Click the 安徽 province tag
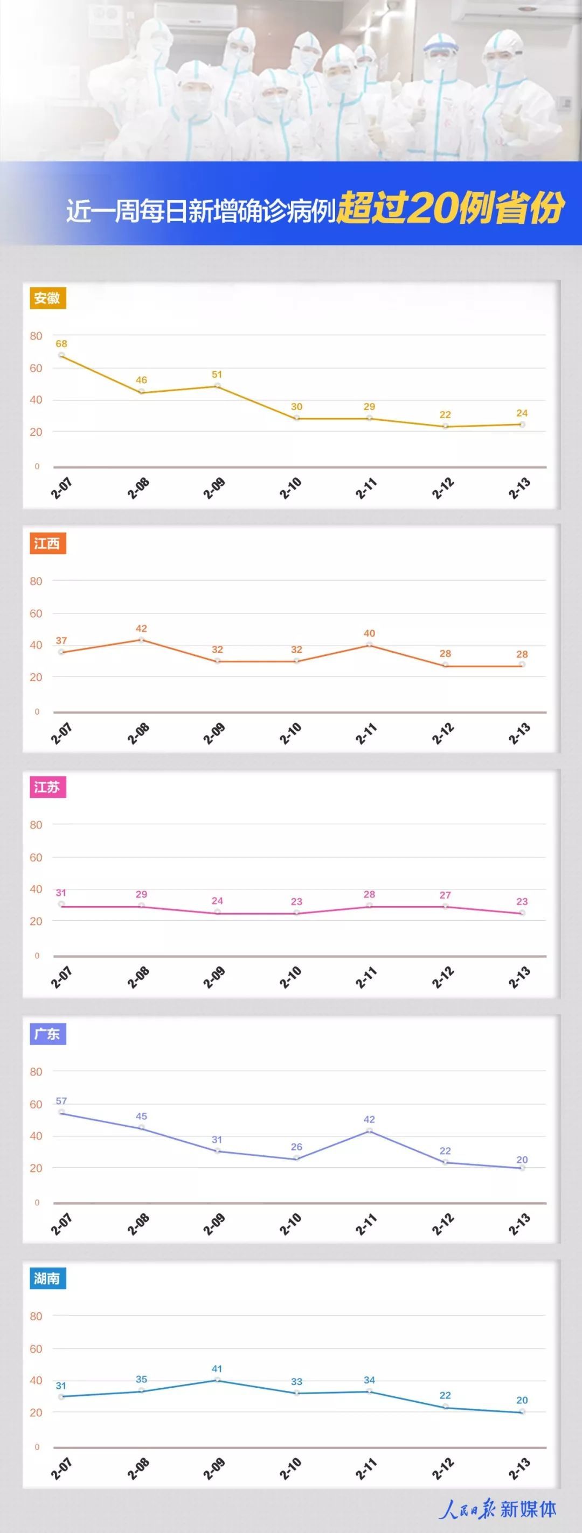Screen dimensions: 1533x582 coord(47,298)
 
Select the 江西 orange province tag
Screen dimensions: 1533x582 coord(47,543)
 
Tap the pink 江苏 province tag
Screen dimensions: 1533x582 coord(47,787)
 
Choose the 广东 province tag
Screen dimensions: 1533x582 coord(47,1034)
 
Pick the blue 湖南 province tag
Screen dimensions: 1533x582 coord(47,1278)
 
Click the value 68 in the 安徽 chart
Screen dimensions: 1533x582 coord(61,343)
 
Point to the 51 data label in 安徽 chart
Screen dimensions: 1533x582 coord(217,375)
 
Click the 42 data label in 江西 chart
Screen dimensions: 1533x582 coord(141,628)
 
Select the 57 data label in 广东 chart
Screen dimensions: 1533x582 coord(61,1101)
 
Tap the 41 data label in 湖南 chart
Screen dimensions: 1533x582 coord(217,1369)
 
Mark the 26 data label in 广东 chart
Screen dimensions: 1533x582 coord(297,1147)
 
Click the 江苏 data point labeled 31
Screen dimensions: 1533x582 coord(61,904)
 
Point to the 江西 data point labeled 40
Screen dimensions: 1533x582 coord(369,645)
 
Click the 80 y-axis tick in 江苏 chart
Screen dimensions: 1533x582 coord(36,825)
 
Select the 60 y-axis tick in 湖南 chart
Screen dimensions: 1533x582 coord(36,1348)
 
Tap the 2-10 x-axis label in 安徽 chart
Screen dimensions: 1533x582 coord(292,488)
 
